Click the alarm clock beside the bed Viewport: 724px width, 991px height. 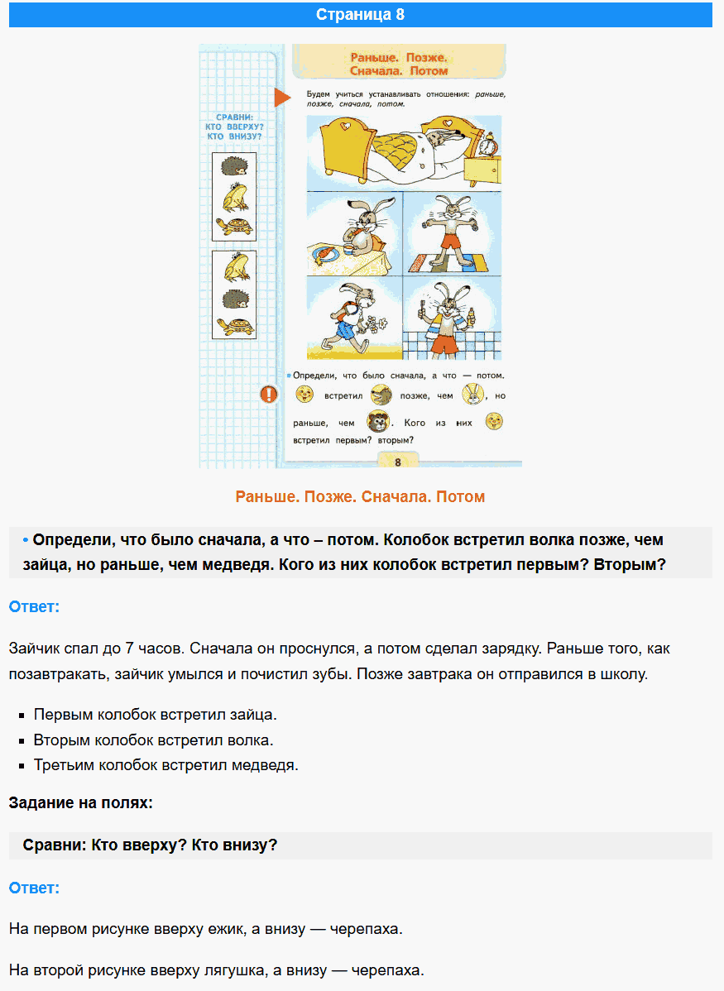(x=489, y=146)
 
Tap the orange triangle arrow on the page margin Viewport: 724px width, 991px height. (x=282, y=98)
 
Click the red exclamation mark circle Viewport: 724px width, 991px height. (x=269, y=395)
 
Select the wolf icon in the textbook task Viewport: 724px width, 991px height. (x=381, y=395)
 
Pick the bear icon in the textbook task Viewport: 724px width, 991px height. (x=378, y=423)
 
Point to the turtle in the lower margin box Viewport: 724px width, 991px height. (x=234, y=325)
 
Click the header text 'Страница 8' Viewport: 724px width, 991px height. (x=361, y=15)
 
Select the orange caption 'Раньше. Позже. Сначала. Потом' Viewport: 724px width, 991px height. (x=360, y=497)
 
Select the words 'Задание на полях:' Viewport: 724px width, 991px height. (x=80, y=803)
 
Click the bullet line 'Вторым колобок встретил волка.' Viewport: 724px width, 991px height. (x=154, y=740)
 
